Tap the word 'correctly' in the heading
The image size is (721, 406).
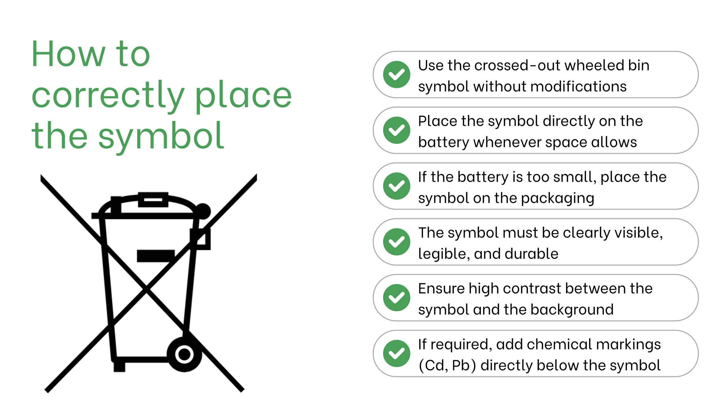[108, 96]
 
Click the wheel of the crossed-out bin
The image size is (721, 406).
[184, 354]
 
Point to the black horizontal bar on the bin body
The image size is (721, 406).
[156, 256]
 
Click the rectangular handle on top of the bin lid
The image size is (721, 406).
[153, 200]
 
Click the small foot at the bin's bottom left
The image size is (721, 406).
[119, 367]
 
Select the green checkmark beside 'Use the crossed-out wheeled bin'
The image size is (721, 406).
[397, 74]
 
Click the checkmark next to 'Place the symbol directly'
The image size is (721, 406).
[397, 130]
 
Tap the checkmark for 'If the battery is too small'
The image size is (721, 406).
[397, 186]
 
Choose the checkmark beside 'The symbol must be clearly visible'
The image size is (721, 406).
[397, 242]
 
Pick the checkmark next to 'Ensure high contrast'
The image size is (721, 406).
[397, 298]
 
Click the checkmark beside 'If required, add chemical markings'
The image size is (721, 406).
[397, 354]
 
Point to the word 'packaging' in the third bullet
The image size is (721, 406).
[558, 198]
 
